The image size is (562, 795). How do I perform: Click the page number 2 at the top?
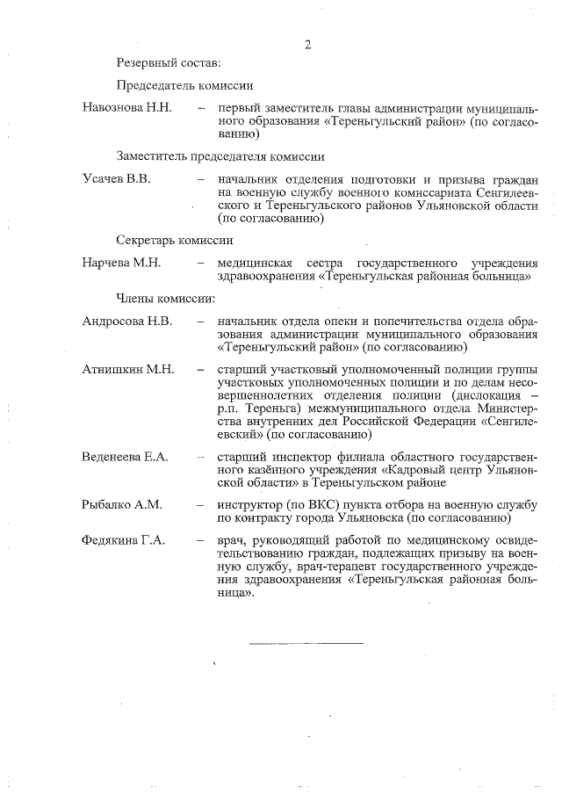coord(307,45)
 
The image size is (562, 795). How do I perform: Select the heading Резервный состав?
coord(169,63)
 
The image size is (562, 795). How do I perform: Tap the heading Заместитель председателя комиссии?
coord(220,156)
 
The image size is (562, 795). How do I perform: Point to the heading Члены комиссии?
coord(165,298)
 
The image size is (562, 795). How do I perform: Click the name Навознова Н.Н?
coord(126,108)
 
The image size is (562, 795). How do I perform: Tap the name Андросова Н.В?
coord(126,321)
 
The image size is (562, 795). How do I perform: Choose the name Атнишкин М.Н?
coord(128,369)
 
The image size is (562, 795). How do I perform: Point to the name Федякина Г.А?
coord(124,540)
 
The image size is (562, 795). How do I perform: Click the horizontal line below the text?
coord(306,644)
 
